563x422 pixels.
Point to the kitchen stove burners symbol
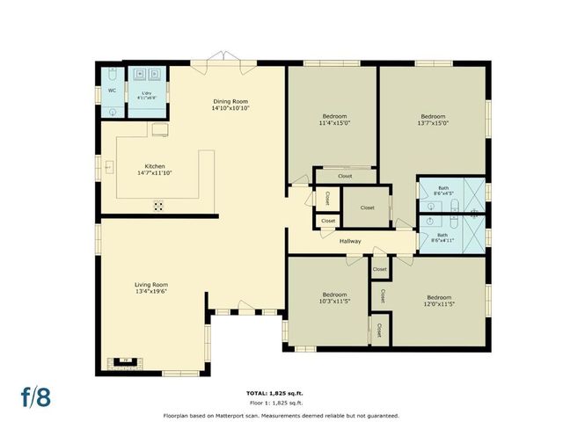click(159, 206)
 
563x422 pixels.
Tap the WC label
click(112, 91)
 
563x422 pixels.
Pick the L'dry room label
click(146, 91)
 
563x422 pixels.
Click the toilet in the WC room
click(112, 112)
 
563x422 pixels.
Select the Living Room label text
click(151, 285)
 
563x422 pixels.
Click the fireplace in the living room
click(126, 360)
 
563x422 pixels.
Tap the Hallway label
click(351, 241)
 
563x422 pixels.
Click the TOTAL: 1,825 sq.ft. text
click(281, 392)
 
